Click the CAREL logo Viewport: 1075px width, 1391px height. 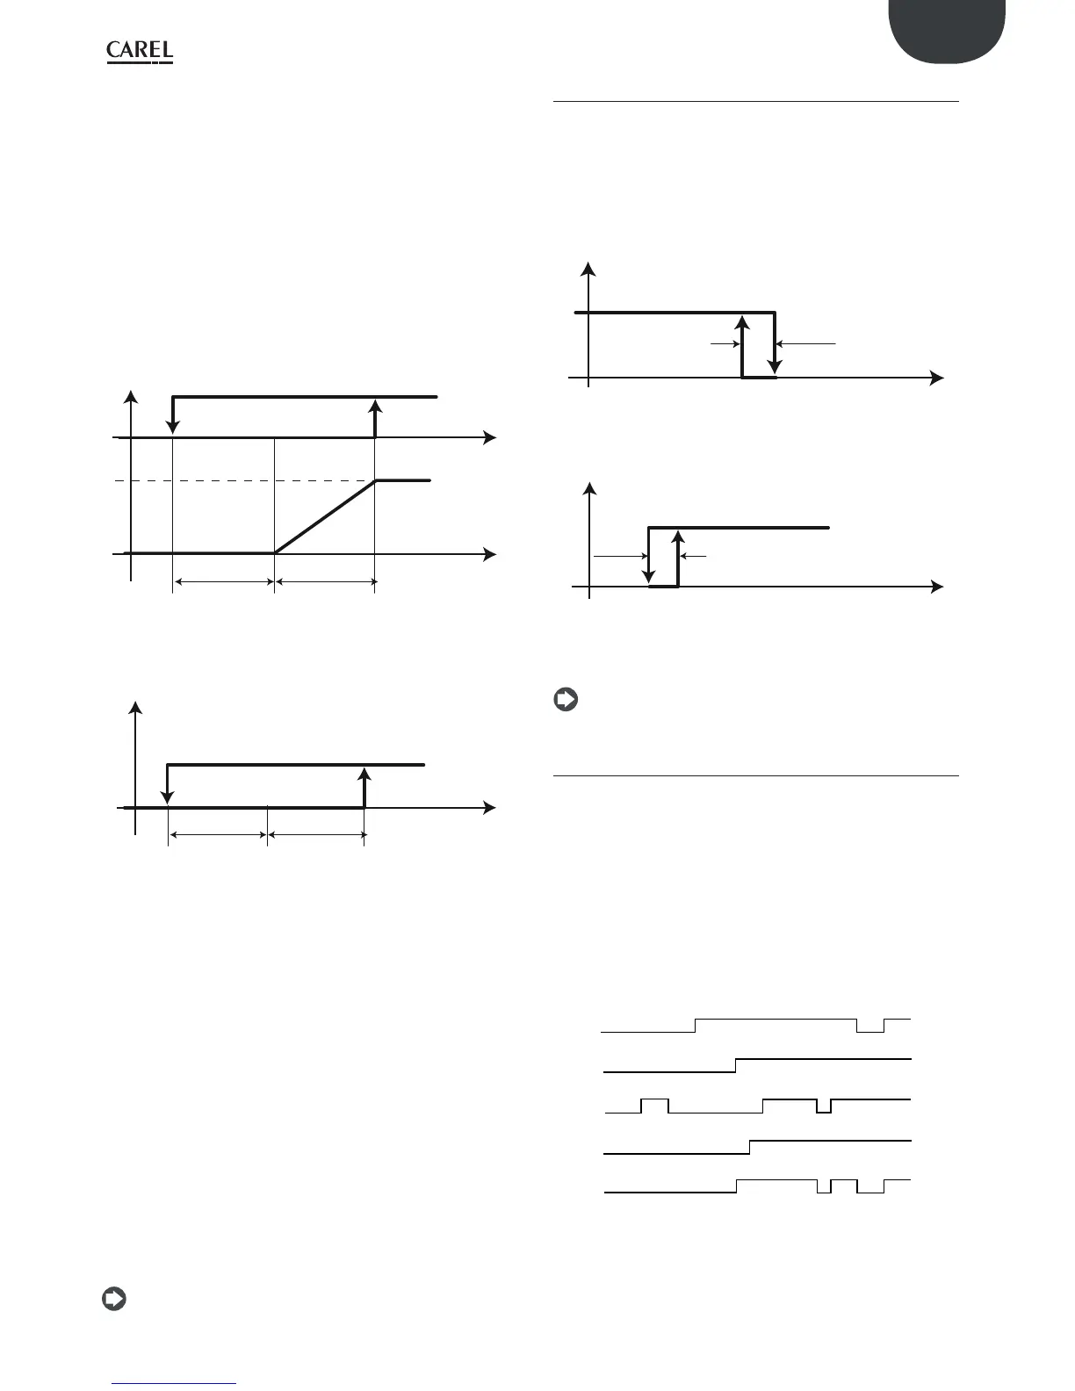(140, 52)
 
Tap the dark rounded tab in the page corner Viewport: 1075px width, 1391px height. (946, 32)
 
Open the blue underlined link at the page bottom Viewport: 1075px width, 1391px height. (175, 1383)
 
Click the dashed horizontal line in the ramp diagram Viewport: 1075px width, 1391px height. (246, 480)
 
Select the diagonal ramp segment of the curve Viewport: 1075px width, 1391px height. (325, 517)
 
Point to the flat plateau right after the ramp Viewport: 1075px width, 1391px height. (403, 480)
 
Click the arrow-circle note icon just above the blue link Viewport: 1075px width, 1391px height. (113, 1299)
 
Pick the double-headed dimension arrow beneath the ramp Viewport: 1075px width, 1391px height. (325, 580)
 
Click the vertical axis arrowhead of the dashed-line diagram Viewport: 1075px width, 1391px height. (131, 394)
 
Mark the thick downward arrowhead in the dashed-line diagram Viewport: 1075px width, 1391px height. (173, 426)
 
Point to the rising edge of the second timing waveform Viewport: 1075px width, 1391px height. (736, 1066)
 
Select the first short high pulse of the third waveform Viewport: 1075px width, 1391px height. (655, 1099)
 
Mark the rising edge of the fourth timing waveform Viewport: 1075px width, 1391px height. (750, 1147)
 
